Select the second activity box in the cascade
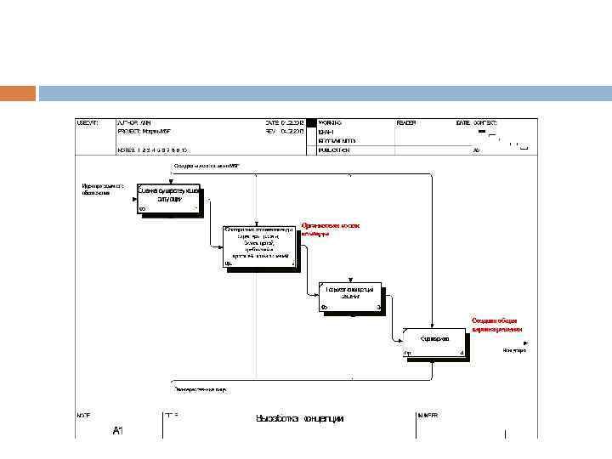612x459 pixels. pyautogui.click(x=259, y=246)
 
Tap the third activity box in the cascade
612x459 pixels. pyautogui.click(x=350, y=297)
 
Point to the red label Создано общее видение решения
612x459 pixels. pyautogui.click(x=497, y=325)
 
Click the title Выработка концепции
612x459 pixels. pyautogui.click(x=300, y=418)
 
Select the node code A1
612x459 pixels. pyautogui.click(x=118, y=431)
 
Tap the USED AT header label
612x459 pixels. pyautogui.click(x=88, y=123)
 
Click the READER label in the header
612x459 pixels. pyautogui.click(x=406, y=123)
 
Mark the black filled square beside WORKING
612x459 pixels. pyautogui.click(x=311, y=123)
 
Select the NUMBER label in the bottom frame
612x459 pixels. pyautogui.click(x=428, y=415)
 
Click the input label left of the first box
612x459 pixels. pyautogui.click(x=103, y=189)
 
